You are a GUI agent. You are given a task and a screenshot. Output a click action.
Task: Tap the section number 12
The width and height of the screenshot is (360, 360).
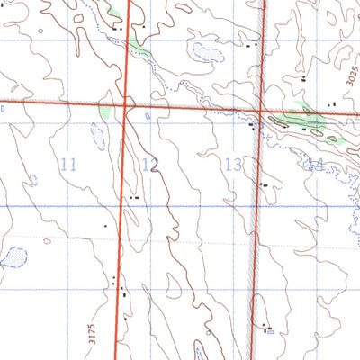[150, 164]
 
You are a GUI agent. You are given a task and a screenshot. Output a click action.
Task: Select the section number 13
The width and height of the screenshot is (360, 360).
[233, 164]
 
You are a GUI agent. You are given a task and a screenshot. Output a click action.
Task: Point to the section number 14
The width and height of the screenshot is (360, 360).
[315, 164]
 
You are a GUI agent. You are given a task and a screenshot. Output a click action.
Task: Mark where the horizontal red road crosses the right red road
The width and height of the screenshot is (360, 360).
[262, 111]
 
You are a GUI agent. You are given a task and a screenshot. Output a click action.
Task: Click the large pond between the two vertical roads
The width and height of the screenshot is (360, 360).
[204, 51]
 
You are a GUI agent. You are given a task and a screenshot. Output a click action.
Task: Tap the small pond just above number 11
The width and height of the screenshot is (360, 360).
[96, 135]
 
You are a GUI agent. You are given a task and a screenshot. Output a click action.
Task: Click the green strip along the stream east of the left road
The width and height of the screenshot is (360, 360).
[139, 46]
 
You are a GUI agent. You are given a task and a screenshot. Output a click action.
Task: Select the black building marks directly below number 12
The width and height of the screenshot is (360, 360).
[134, 196]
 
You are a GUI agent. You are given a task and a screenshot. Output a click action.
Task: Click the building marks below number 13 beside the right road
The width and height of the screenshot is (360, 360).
[262, 184]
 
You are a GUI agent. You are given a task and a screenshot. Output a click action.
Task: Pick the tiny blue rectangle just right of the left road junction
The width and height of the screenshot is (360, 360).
[147, 115]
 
